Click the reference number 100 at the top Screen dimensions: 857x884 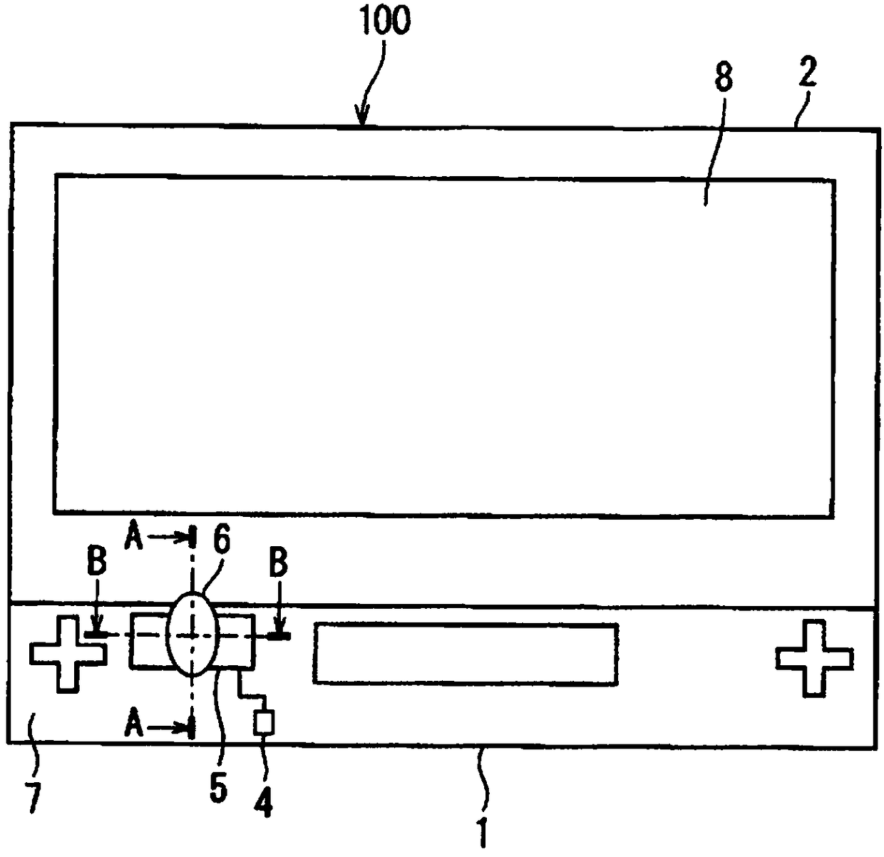point(384,21)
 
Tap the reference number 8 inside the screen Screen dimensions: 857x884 point(724,78)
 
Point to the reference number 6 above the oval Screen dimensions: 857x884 point(222,540)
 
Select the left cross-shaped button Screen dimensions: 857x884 point(68,654)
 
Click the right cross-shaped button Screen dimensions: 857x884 point(813,658)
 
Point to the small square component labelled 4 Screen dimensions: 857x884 point(264,723)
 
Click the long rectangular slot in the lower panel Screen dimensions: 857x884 point(466,654)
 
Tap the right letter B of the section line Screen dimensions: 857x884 point(278,563)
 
